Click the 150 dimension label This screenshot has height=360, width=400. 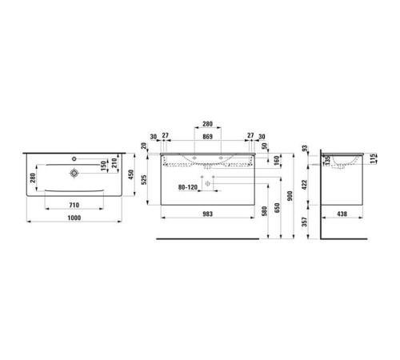(104, 166)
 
